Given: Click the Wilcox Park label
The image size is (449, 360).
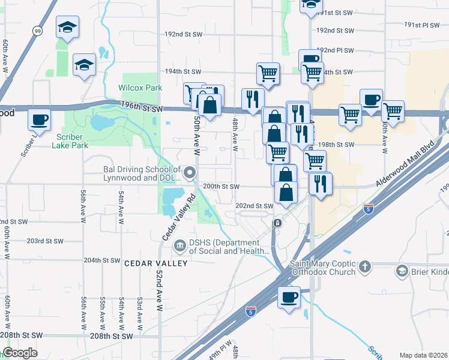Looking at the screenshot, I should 140,88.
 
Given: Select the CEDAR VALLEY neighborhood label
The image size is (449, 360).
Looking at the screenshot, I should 148,263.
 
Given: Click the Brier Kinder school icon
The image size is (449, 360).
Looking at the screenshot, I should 401,271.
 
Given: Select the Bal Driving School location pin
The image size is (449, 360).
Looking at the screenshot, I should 190,174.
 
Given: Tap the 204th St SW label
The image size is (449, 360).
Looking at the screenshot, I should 102,260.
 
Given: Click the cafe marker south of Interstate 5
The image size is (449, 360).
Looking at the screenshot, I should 288,297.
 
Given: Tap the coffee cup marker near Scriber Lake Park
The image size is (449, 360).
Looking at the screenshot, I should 40,119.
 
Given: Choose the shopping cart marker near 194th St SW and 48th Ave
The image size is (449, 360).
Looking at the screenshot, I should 268,73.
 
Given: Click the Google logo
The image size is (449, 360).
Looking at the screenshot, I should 20,353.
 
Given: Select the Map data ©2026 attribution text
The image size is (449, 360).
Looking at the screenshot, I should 423,355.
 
